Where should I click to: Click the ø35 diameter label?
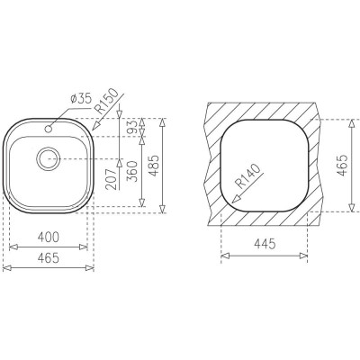point(81,99)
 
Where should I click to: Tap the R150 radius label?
point(105,101)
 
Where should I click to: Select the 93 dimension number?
point(133,126)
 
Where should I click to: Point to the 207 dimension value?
point(111,179)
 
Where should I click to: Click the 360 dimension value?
point(132,171)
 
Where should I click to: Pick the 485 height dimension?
point(154,166)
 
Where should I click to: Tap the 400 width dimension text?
point(49,238)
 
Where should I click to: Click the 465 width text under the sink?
point(49,258)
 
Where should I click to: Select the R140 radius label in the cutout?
point(248,175)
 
